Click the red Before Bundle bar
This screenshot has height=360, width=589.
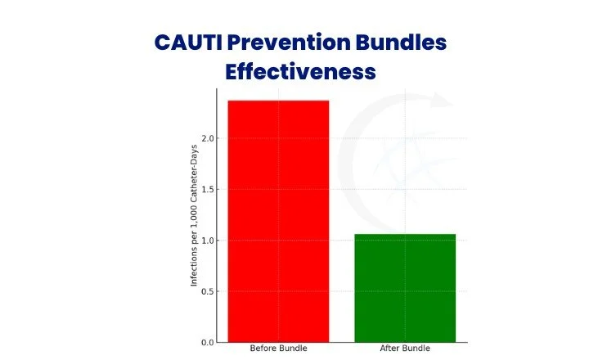click(x=278, y=222)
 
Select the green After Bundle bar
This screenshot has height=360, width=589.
click(x=405, y=288)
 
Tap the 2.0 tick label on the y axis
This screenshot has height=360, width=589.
click(x=208, y=138)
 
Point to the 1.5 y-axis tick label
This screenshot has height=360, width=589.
click(x=208, y=189)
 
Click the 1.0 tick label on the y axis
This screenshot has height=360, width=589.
click(x=208, y=241)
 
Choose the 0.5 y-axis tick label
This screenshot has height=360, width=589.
click(x=208, y=291)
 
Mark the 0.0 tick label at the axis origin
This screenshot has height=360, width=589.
click(x=208, y=342)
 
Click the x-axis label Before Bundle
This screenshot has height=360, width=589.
click(x=278, y=349)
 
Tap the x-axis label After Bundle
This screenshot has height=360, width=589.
click(x=405, y=349)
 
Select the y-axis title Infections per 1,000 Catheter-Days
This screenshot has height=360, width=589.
click(x=194, y=215)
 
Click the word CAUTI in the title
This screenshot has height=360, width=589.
click(x=188, y=42)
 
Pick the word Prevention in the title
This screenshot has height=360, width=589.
click(x=289, y=42)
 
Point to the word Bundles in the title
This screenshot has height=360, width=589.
click(x=401, y=42)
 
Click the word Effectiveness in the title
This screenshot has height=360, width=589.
click(x=300, y=71)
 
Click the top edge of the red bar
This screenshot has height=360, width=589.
click(x=278, y=101)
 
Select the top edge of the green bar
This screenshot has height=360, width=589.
click(x=405, y=235)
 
